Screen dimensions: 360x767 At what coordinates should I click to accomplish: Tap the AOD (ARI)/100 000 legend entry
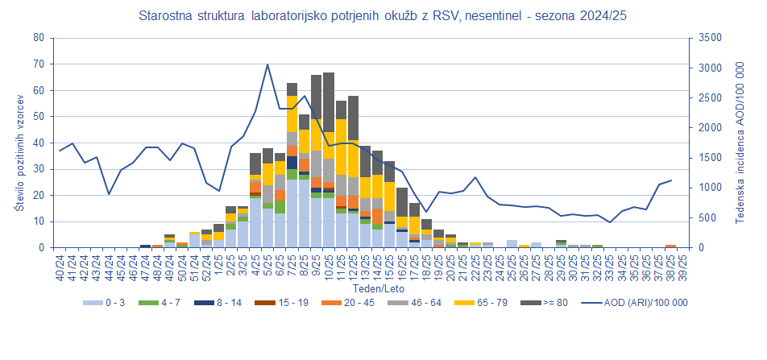pos(636,303)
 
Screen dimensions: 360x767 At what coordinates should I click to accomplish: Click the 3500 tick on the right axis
pos(710,38)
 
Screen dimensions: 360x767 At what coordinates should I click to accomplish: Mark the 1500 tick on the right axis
pos(710,158)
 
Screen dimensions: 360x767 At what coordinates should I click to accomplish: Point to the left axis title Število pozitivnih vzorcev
pos(19,143)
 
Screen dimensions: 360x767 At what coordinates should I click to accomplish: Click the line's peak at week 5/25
pos(267,64)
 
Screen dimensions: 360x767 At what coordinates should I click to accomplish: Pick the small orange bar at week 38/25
pos(670,246)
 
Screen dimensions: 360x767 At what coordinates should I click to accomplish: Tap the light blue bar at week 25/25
pos(512,243)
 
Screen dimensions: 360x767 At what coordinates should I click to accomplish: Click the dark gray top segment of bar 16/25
pos(401,202)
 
